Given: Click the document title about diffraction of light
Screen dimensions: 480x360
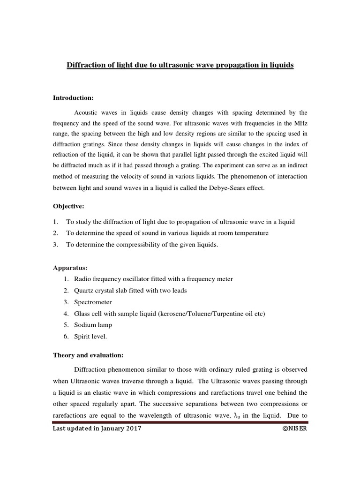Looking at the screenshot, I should click(180, 65).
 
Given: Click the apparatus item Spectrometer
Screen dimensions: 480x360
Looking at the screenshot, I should click(93, 302).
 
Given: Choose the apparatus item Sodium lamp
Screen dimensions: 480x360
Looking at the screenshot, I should click(93, 325).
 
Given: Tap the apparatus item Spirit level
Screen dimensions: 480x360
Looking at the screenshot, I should click(91, 337).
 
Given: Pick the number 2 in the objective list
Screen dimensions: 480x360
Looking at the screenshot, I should click(55, 233).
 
